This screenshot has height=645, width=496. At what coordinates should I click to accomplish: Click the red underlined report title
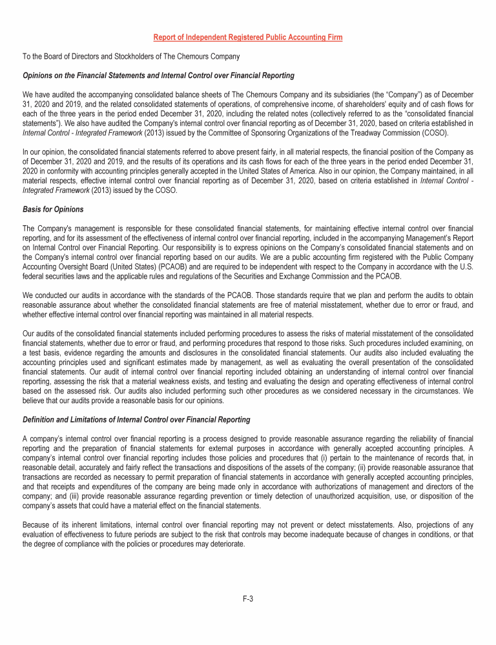tap(247, 37)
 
